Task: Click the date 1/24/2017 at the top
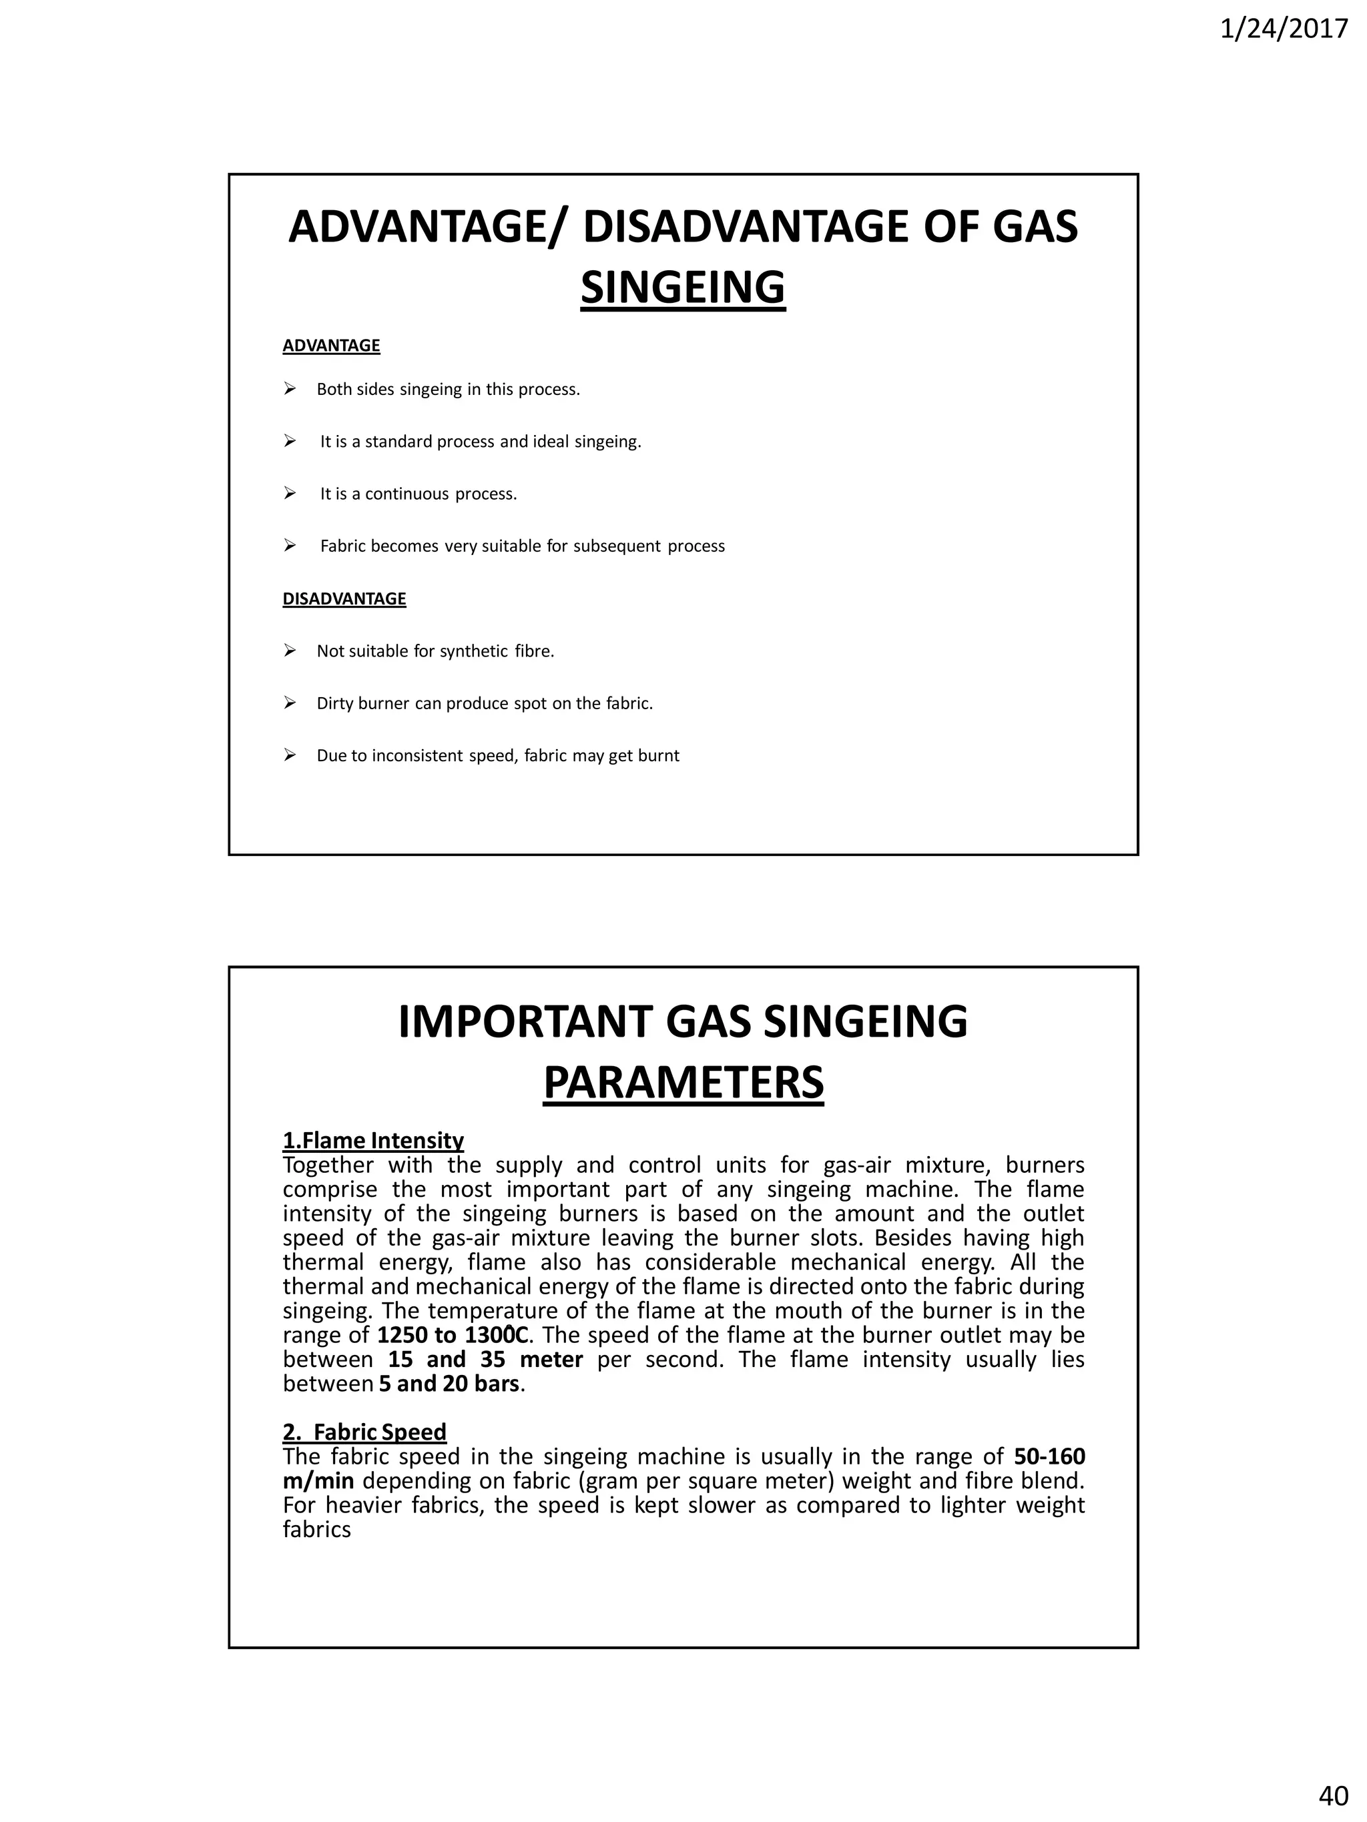point(1283,29)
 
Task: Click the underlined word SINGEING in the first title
point(682,288)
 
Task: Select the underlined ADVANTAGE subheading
point(331,346)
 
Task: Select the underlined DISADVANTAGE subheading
point(344,599)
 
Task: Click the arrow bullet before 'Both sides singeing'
point(290,389)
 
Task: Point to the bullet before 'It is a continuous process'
point(290,494)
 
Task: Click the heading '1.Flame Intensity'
point(373,1140)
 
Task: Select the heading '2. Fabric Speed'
point(364,1432)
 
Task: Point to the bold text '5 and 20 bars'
point(449,1383)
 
